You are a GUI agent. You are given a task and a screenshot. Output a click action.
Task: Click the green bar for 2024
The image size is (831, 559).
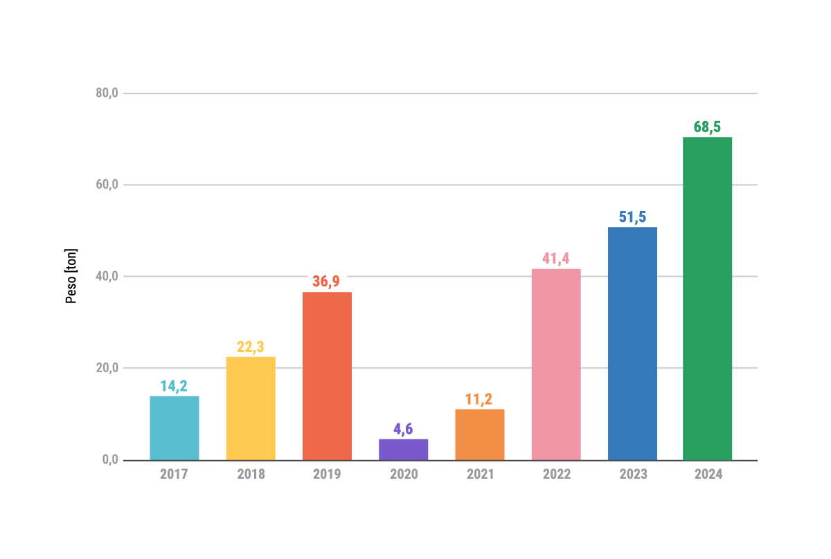707,298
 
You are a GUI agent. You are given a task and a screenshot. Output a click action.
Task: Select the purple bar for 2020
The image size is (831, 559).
403,450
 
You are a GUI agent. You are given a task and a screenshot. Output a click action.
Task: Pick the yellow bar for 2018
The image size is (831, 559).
251,408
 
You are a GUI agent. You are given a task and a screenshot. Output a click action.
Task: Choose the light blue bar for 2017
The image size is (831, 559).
175,428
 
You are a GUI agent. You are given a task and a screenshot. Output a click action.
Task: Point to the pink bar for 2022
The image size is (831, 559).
556,365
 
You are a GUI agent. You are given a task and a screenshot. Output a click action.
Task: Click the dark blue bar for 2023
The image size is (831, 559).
632,343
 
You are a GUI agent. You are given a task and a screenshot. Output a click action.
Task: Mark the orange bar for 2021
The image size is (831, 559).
480,434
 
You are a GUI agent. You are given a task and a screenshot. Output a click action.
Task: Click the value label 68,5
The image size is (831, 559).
707,127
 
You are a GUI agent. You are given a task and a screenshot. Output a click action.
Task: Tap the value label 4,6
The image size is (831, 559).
403,429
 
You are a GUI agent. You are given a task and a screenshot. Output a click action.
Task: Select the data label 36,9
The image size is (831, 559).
327,282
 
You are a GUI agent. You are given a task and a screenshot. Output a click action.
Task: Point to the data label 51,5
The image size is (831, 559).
632,217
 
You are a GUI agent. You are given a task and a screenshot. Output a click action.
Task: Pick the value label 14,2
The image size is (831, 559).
175,386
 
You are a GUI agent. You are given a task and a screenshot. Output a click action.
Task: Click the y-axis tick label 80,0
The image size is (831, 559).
107,93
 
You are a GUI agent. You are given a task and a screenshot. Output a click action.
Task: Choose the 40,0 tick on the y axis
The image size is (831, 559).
107,277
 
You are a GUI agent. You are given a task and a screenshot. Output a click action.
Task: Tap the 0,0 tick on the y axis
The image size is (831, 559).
111,460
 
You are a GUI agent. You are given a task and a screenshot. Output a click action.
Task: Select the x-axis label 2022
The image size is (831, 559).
556,475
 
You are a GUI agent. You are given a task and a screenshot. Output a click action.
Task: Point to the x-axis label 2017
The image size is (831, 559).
175,475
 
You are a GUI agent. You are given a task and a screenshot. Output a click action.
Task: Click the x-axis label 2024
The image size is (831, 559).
707,475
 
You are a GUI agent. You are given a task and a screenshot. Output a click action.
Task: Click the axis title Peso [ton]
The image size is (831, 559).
71,276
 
